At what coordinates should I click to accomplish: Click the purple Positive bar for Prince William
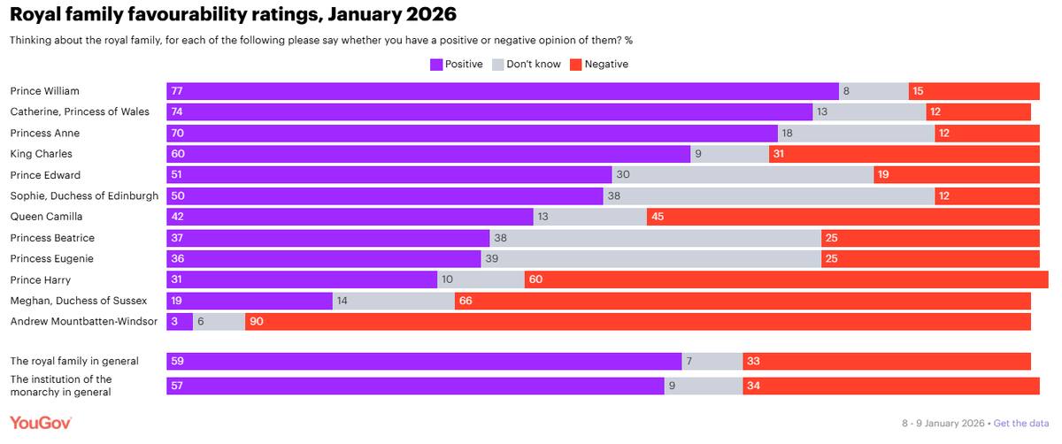click(x=503, y=91)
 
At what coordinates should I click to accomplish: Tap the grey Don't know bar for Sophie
click(x=769, y=195)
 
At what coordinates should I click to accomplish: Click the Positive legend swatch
click(x=435, y=65)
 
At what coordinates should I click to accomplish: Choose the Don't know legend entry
click(x=526, y=65)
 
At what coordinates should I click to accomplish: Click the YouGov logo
click(x=41, y=423)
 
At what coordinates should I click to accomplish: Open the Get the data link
click(x=1022, y=423)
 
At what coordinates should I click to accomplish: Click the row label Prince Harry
click(x=40, y=279)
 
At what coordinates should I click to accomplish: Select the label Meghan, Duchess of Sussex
click(x=78, y=301)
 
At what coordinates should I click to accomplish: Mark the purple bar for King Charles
click(x=428, y=154)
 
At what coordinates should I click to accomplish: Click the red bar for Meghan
click(x=743, y=301)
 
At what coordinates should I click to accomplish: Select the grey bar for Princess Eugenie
click(x=650, y=259)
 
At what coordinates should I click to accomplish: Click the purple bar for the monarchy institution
click(x=415, y=386)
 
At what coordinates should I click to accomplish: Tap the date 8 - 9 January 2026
click(x=943, y=423)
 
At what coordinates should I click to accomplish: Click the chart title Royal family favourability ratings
click(x=234, y=15)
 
